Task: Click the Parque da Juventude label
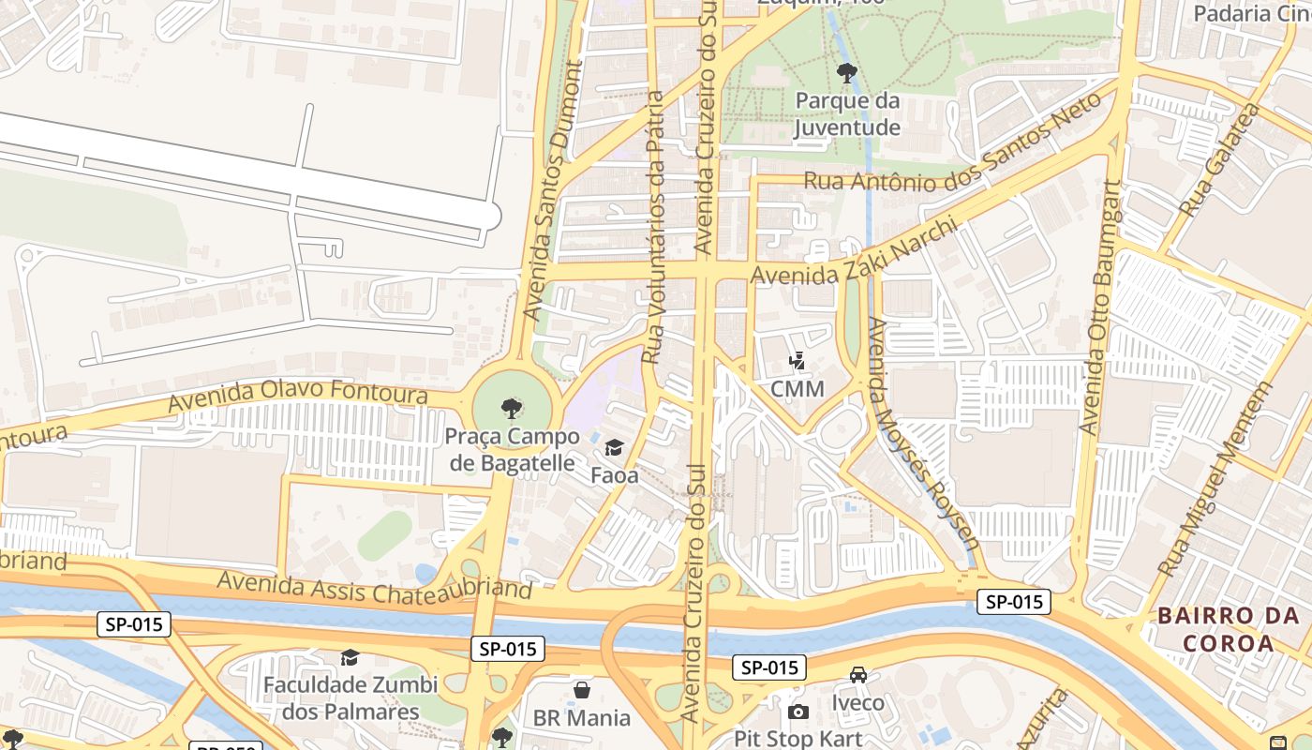[847, 114]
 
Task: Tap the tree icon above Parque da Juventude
[847, 73]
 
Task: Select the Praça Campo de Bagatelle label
[511, 450]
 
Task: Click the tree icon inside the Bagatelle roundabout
[512, 408]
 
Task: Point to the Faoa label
[615, 475]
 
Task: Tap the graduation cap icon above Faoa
[615, 448]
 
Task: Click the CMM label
[798, 388]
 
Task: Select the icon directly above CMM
[798, 360]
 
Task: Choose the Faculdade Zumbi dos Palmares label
[341, 698]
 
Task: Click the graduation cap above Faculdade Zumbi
[350, 658]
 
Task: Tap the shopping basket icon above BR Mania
[582, 691]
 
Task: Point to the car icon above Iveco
[858, 675]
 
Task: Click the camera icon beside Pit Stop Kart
[798, 712]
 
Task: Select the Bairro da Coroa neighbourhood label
[1228, 629]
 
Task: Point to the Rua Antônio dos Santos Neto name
[947, 153]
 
